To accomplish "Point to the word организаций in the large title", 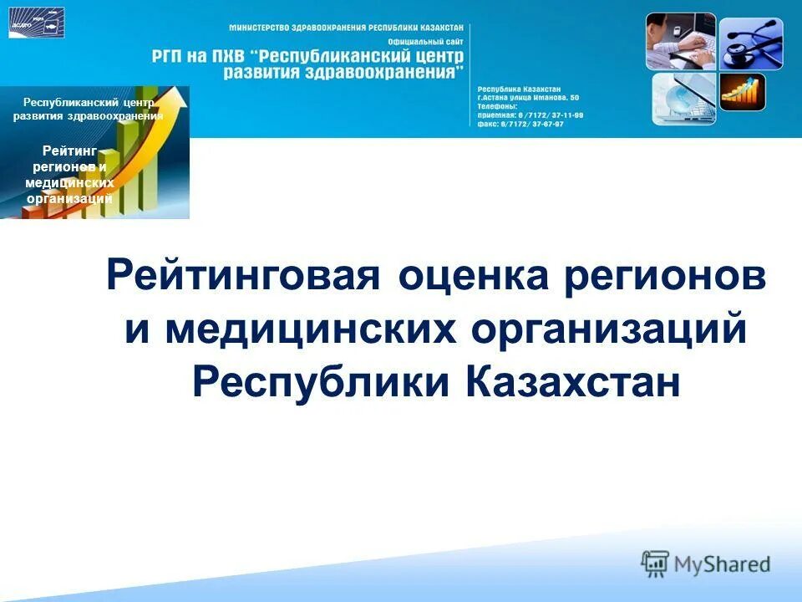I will pyautogui.click(x=609, y=329).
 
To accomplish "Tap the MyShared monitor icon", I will pyautogui.click(x=656, y=563).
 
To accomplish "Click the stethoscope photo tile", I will pyautogui.click(x=750, y=43).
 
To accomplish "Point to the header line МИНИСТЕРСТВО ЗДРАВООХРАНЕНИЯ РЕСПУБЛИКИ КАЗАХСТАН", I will pyautogui.click(x=345, y=28).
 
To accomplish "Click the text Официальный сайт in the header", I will pyautogui.click(x=426, y=42).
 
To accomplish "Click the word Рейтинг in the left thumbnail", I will pyautogui.click(x=69, y=150).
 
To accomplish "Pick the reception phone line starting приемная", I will pyautogui.click(x=530, y=115).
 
